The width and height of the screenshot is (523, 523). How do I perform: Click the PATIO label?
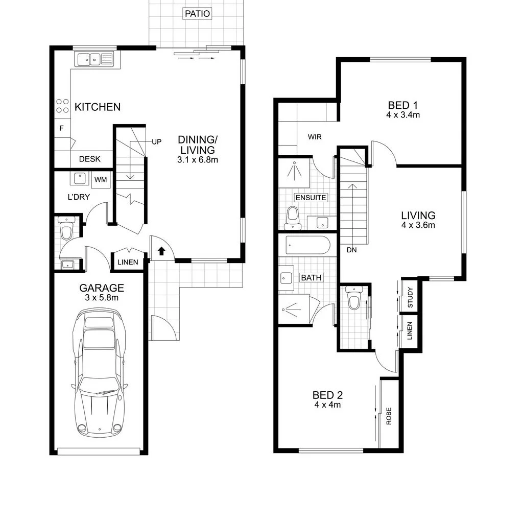pos(197,14)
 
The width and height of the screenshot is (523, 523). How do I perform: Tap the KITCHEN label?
pos(98,107)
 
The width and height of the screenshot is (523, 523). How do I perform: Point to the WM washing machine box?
pos(101,179)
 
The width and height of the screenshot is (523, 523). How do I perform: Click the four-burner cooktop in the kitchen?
pos(62,106)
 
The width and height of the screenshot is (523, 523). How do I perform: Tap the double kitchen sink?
pos(95,60)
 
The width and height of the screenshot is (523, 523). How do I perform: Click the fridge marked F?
pos(62,128)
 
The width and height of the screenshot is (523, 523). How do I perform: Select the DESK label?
pos(89,159)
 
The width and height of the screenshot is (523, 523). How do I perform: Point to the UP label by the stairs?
pos(156,141)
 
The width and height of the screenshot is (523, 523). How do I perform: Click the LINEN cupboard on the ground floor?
pos(127,263)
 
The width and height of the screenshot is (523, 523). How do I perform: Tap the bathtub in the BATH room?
pos(307,245)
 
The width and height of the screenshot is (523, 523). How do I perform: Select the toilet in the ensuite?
pos(292,216)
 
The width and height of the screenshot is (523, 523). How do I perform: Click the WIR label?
pos(314,137)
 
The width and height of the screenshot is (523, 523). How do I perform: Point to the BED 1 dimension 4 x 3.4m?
pos(403,115)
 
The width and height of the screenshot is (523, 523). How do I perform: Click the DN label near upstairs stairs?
pos(351,250)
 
